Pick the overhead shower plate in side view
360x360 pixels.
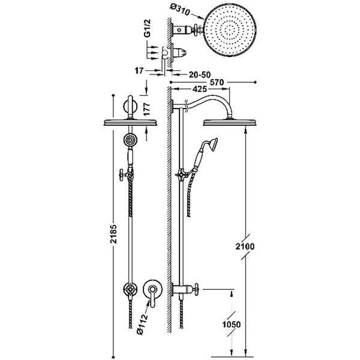(x=230, y=122)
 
